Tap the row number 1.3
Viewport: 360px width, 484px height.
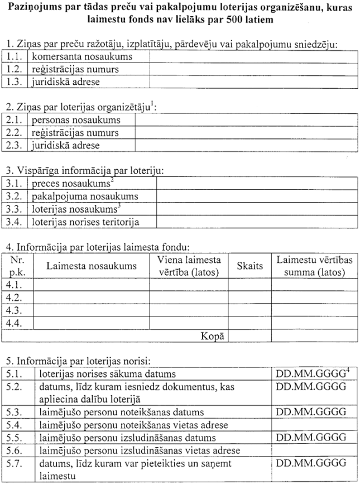pyautogui.click(x=16, y=82)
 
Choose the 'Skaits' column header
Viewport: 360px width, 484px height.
pyautogui.click(x=249, y=266)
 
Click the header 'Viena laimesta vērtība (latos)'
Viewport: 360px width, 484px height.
pyautogui.click(x=188, y=266)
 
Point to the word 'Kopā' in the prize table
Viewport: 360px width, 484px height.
pyautogui.click(x=214, y=336)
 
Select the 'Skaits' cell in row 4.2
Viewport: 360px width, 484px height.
pyautogui.click(x=249, y=297)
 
